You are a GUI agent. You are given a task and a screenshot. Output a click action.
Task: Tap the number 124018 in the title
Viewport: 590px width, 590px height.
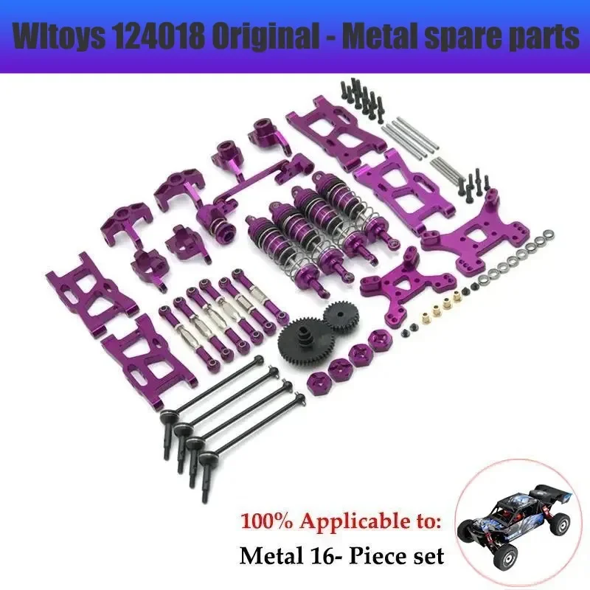pos(164,38)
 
